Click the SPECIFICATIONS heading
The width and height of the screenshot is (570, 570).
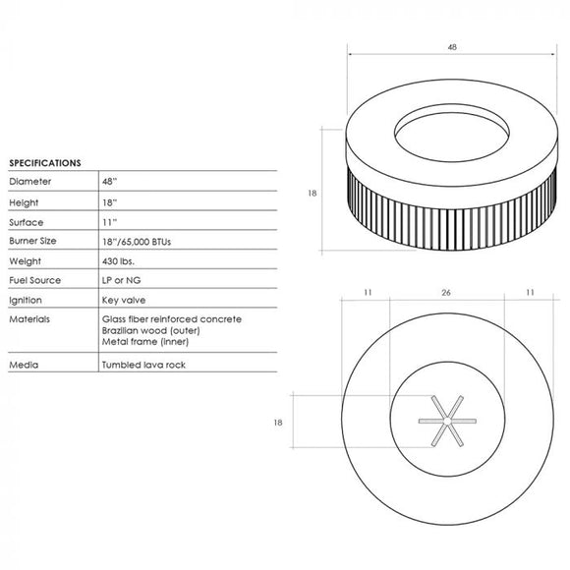click(44, 162)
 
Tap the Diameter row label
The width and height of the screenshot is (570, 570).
click(28, 182)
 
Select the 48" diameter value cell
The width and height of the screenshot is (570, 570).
click(109, 182)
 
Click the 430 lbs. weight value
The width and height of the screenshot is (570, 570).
click(118, 261)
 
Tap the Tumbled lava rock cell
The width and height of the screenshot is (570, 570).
click(142, 365)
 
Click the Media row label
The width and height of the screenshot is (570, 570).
click(23, 365)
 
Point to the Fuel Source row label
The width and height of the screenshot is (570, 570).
click(34, 280)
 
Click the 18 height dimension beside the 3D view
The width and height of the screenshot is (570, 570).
click(313, 194)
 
